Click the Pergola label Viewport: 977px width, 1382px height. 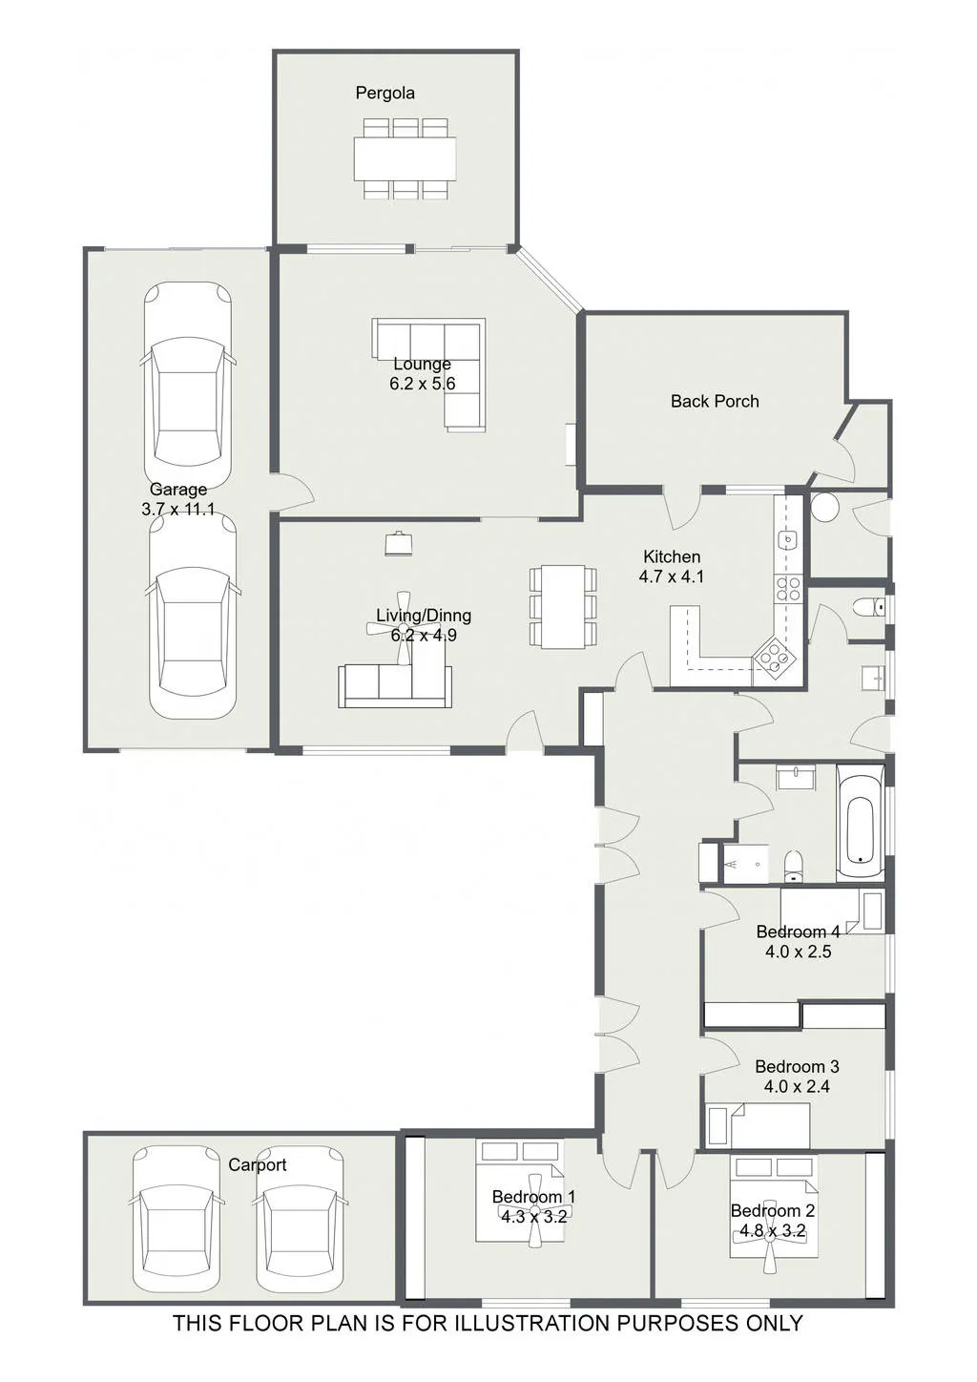point(385,94)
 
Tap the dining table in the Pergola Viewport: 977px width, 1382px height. point(405,158)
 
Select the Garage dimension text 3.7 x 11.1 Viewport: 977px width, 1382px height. point(177,510)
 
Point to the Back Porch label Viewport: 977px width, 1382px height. point(715,402)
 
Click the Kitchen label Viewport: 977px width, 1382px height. point(672,556)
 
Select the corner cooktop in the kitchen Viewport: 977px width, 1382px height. point(774,658)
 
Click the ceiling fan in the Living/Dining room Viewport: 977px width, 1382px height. point(404,628)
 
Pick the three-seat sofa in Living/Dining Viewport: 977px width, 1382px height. point(395,686)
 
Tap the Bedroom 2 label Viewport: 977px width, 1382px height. point(772,1211)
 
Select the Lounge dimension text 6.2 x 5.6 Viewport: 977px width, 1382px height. point(422,383)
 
